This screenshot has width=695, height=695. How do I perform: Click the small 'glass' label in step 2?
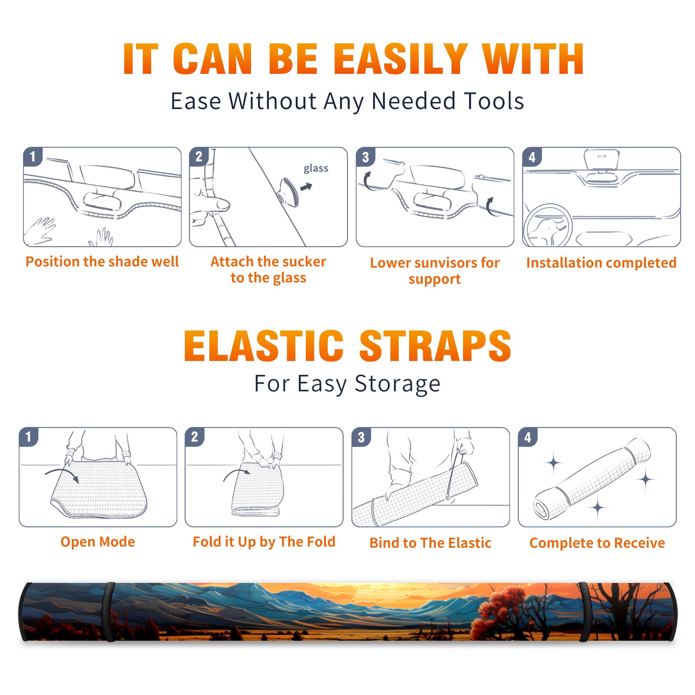pos(316,169)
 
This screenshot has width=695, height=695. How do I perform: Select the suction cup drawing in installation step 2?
pos(288,192)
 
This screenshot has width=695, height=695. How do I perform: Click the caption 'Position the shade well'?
pos(102,261)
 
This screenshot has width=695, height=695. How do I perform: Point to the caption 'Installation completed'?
pos(601,262)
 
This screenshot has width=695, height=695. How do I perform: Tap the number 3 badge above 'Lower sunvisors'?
pos(365,157)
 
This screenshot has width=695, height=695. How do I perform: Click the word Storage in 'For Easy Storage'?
pos(397,384)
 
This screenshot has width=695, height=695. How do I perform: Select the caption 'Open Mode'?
pos(98,542)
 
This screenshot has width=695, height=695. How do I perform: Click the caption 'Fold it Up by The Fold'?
pos(264,542)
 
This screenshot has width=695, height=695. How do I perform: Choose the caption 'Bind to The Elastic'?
pos(430,543)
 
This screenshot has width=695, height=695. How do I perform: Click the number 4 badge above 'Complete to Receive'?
pos(528,437)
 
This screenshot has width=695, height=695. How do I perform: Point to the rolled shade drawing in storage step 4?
pos(592,479)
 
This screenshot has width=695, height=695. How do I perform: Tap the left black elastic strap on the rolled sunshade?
pos(109,612)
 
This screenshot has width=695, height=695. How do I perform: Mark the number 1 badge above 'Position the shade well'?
pos(33,156)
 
